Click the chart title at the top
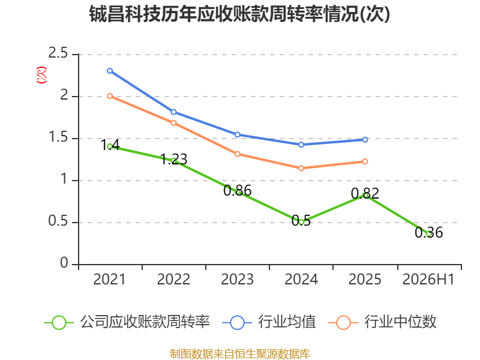(239, 14)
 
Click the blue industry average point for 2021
(110, 71)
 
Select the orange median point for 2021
(110, 96)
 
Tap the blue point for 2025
(365, 140)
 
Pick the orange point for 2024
(301, 168)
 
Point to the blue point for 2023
(237, 134)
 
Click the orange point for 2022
(173, 123)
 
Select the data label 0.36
(428, 232)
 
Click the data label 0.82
(365, 193)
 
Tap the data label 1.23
(173, 159)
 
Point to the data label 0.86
(237, 190)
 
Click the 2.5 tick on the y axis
(58, 53)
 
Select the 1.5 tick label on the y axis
(58, 137)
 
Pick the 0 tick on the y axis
(64, 263)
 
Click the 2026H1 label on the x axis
(428, 279)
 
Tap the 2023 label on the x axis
(237, 279)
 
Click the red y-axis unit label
(41, 74)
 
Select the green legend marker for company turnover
(59, 323)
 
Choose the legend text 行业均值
(287, 322)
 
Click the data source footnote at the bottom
(239, 354)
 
